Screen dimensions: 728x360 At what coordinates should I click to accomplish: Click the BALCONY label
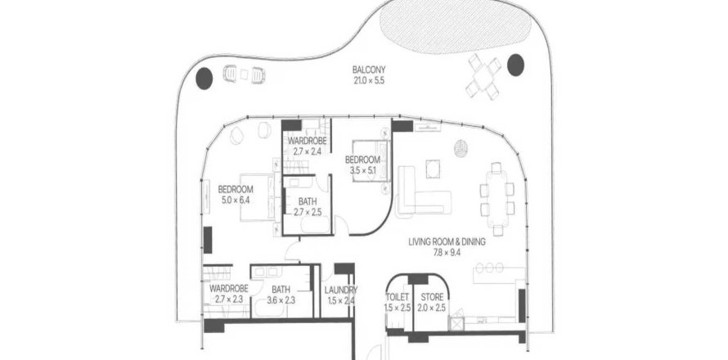tap(369, 70)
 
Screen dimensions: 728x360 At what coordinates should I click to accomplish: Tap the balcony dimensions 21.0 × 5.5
tap(369, 80)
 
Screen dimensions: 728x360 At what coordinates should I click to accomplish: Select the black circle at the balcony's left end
tap(204, 78)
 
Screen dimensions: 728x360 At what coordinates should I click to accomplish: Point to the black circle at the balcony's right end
tap(515, 65)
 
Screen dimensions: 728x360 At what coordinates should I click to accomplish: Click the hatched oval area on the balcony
tap(456, 27)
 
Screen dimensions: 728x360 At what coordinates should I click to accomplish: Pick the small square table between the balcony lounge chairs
tap(245, 74)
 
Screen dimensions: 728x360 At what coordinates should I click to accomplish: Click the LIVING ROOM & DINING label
tap(447, 241)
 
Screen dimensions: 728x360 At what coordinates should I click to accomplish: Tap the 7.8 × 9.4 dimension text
tap(447, 252)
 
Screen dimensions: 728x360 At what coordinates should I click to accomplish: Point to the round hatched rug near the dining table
tap(461, 148)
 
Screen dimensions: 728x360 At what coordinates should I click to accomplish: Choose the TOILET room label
tap(397, 297)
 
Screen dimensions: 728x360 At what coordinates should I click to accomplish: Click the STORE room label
tap(431, 297)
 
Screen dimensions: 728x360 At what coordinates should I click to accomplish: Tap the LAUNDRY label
tap(341, 290)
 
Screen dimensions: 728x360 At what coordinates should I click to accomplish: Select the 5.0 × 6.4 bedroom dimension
tap(236, 200)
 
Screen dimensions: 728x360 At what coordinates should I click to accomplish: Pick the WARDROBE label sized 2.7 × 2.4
tap(307, 140)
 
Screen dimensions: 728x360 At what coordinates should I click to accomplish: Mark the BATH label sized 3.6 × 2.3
tap(281, 290)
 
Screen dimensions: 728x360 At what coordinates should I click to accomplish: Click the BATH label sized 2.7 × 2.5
tap(308, 202)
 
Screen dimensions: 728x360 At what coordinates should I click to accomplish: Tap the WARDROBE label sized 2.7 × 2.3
tap(228, 289)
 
